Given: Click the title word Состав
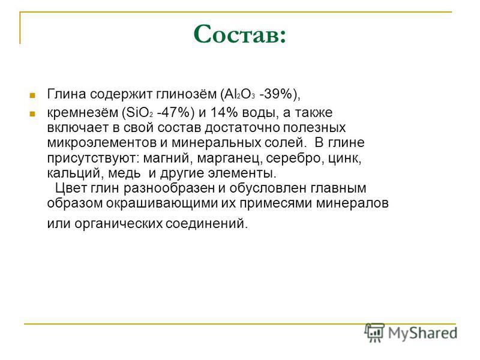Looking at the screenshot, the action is coord(239,34).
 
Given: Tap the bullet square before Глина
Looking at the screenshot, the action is coord(32,95).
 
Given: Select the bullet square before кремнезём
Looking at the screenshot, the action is coord(32,114).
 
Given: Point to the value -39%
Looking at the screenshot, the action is coord(276,94).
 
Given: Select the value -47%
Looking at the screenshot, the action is coord(173,113).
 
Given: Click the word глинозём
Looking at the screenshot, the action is coord(187,94).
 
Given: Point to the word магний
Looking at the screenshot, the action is coord(168,158).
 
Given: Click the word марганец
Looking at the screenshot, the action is coord(229,158).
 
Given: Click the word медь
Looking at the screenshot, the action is coord(124,173).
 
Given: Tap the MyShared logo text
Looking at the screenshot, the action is coord(422,333).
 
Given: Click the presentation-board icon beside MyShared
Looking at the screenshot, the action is coord(374,332).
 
